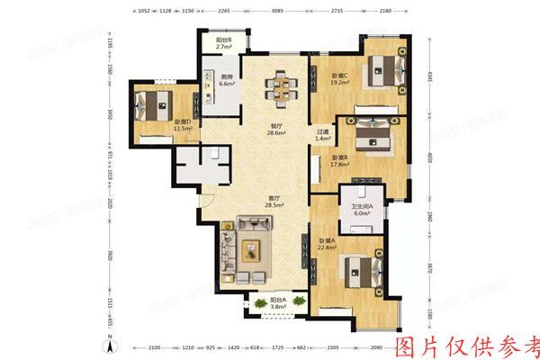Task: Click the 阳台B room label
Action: coord(225,45)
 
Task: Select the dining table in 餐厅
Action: coord(277,88)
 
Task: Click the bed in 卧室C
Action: coord(377,68)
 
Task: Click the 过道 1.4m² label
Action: coord(322,136)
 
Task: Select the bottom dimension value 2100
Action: coord(155,346)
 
